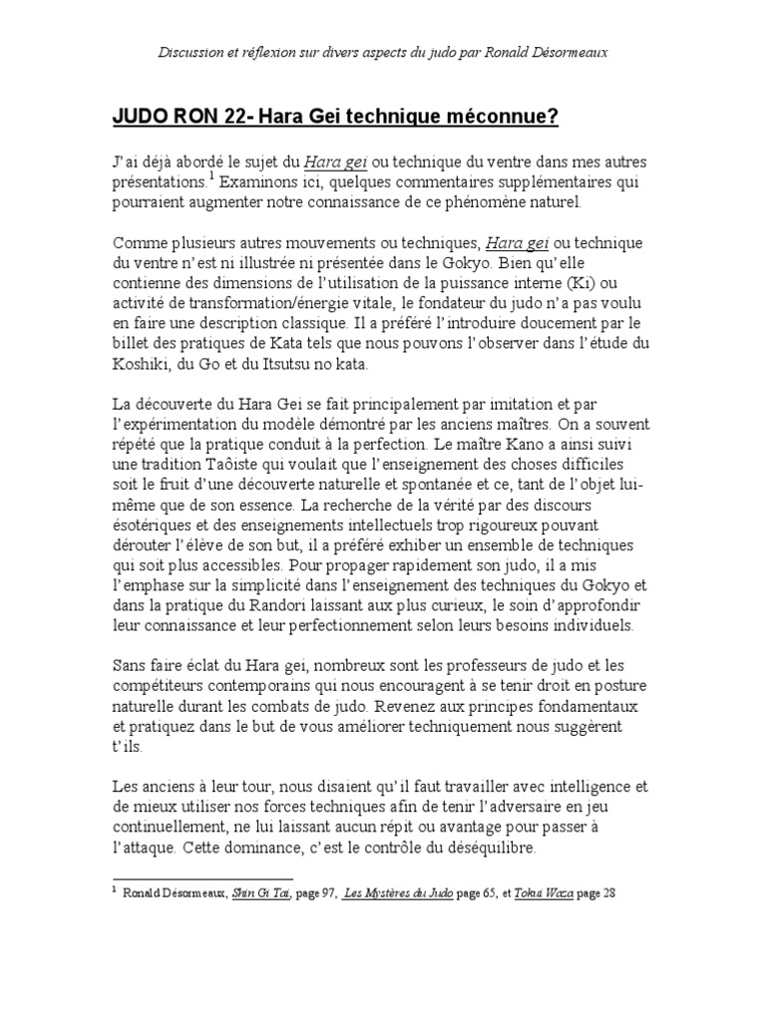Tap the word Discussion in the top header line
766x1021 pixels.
click(194, 52)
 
